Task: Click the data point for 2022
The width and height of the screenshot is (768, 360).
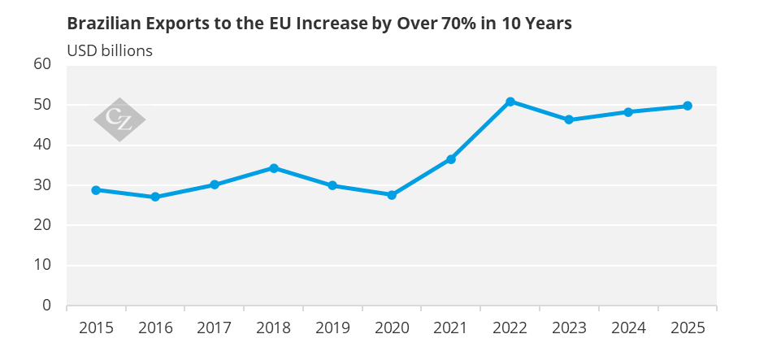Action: pos(510,102)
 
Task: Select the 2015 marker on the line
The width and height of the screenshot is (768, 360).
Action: pos(96,190)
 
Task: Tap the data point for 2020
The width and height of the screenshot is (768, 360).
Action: pos(392,195)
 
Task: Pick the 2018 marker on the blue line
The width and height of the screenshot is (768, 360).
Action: pos(274,168)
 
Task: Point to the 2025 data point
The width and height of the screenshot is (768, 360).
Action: pos(688,106)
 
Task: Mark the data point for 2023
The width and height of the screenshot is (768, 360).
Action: pos(569,119)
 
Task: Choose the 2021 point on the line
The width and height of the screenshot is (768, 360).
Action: pos(451,159)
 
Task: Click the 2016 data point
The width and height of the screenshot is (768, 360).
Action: pos(155,197)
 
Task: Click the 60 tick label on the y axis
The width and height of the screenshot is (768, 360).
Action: pos(42,65)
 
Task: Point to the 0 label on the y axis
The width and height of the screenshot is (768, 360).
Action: pos(46,305)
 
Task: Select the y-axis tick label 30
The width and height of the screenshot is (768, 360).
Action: pos(42,185)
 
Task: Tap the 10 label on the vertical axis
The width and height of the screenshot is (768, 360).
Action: pos(42,265)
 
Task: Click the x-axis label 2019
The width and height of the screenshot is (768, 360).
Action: pos(332,327)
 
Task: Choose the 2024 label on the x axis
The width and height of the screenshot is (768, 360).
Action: pos(628,327)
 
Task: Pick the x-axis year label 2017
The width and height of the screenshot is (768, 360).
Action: pos(214,327)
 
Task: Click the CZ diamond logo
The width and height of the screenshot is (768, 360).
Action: pos(119,119)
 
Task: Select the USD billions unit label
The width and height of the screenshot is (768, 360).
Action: pos(110,50)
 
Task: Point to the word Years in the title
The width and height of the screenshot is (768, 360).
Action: pos(550,24)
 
